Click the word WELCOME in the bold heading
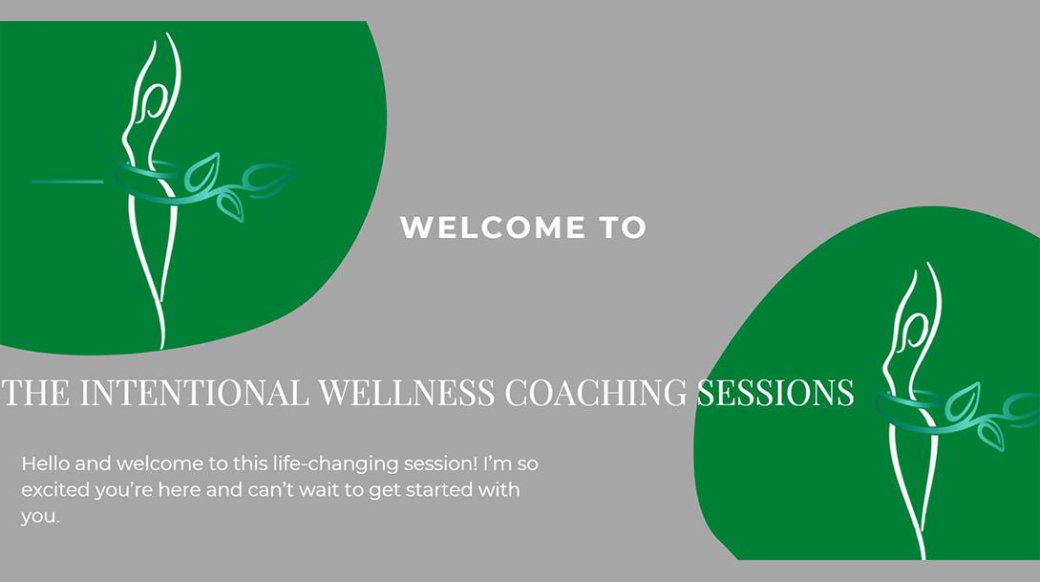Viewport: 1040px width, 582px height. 493,227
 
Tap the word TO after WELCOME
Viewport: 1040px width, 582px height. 623,227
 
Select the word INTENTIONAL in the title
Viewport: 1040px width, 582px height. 194,392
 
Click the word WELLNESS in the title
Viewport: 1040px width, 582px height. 407,392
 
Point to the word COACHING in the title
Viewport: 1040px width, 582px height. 596,392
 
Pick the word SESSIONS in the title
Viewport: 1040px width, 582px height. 775,392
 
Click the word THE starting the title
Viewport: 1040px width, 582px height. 36,392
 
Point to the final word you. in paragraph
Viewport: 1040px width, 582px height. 40,516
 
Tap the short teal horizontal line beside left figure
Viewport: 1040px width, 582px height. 68,182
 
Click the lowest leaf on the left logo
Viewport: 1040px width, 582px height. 231,205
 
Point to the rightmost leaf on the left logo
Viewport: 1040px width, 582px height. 268,177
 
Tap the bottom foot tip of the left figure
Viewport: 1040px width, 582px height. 162,345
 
